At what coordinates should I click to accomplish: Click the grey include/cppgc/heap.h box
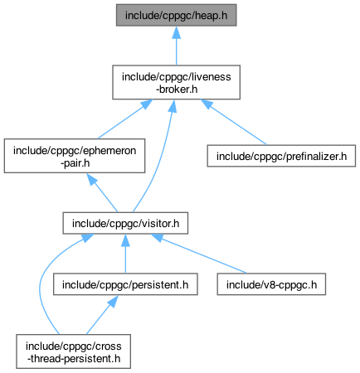176,15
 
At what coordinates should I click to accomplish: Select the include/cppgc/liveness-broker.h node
176,82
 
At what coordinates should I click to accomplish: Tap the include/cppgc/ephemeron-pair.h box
75,156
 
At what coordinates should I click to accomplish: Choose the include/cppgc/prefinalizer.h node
281,156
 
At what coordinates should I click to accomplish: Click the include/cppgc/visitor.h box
125,223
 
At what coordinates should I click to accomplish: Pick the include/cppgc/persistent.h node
125,284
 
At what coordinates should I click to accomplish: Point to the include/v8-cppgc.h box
271,284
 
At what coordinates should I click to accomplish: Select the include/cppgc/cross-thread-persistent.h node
73,351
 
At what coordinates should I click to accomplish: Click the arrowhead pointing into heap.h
176,32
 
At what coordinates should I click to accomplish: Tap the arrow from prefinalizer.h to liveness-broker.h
234,122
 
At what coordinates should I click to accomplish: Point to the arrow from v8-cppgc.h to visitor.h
198,254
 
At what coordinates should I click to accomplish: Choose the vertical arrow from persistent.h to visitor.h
125,254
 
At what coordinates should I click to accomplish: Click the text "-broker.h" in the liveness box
177,89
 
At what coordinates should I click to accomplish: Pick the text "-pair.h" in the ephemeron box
75,162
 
